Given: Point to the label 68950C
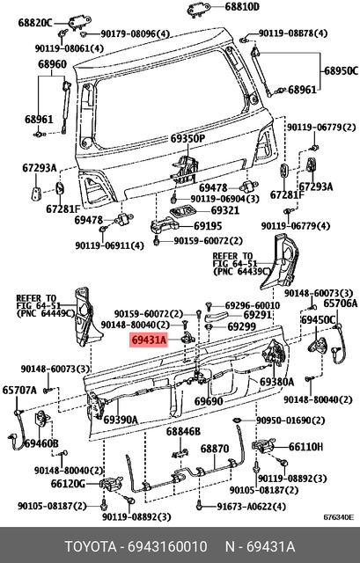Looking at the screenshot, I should pos(338,69).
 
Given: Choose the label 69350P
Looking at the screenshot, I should pos(187,139).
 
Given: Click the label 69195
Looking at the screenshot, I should pos(208,226).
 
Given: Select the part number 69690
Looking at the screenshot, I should pos(209,401).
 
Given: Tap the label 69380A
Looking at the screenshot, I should pos(276,383).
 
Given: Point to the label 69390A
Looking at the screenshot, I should pos(121,420).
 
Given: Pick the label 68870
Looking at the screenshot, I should pos(215,449).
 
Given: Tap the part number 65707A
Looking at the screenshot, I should pos(19,389).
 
